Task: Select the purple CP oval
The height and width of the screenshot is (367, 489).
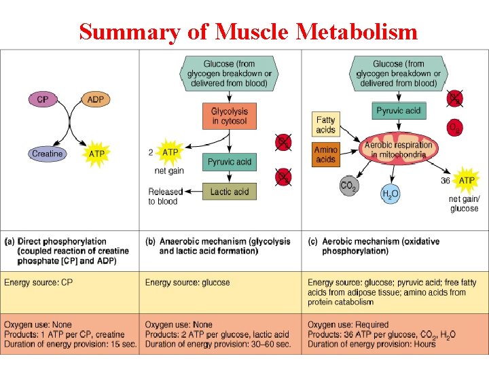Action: click(43, 100)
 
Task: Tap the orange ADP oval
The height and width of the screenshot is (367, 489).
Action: click(96, 100)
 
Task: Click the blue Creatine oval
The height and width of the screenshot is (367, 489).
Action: click(47, 154)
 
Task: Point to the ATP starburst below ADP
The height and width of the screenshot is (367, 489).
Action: click(97, 154)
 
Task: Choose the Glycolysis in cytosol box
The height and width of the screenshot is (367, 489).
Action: click(230, 116)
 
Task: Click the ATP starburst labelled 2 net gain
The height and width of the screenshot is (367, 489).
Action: click(170, 152)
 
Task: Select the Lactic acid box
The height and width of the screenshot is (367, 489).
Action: click(230, 192)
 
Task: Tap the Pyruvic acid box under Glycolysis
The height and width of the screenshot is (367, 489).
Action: click(230, 162)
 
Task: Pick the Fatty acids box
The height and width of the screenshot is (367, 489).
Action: click(326, 125)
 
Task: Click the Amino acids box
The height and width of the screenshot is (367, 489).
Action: click(326, 154)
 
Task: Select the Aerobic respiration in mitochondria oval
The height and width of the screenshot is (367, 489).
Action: click(398, 150)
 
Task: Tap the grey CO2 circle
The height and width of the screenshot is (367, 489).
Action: click(348, 185)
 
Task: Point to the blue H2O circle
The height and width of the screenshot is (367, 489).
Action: click(390, 193)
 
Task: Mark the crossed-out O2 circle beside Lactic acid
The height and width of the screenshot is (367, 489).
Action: click(283, 177)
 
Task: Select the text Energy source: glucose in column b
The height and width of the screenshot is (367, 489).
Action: click(187, 282)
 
